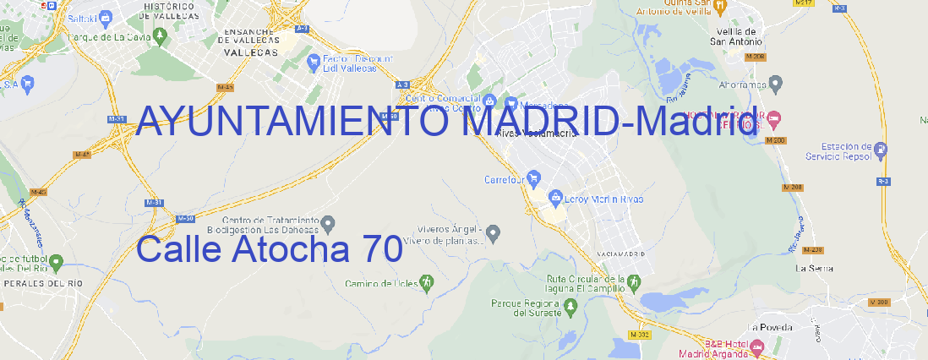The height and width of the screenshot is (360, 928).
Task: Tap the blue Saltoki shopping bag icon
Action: [106, 16]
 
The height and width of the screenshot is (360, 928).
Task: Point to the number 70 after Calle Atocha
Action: [380, 250]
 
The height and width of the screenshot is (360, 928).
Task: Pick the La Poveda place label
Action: [771, 327]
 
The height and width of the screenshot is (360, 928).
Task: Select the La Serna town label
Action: [815, 268]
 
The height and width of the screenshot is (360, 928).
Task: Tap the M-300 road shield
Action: [880, 302]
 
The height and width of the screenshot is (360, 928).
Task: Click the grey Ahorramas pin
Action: [777, 83]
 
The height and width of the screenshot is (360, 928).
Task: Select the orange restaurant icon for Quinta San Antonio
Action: [720, 8]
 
